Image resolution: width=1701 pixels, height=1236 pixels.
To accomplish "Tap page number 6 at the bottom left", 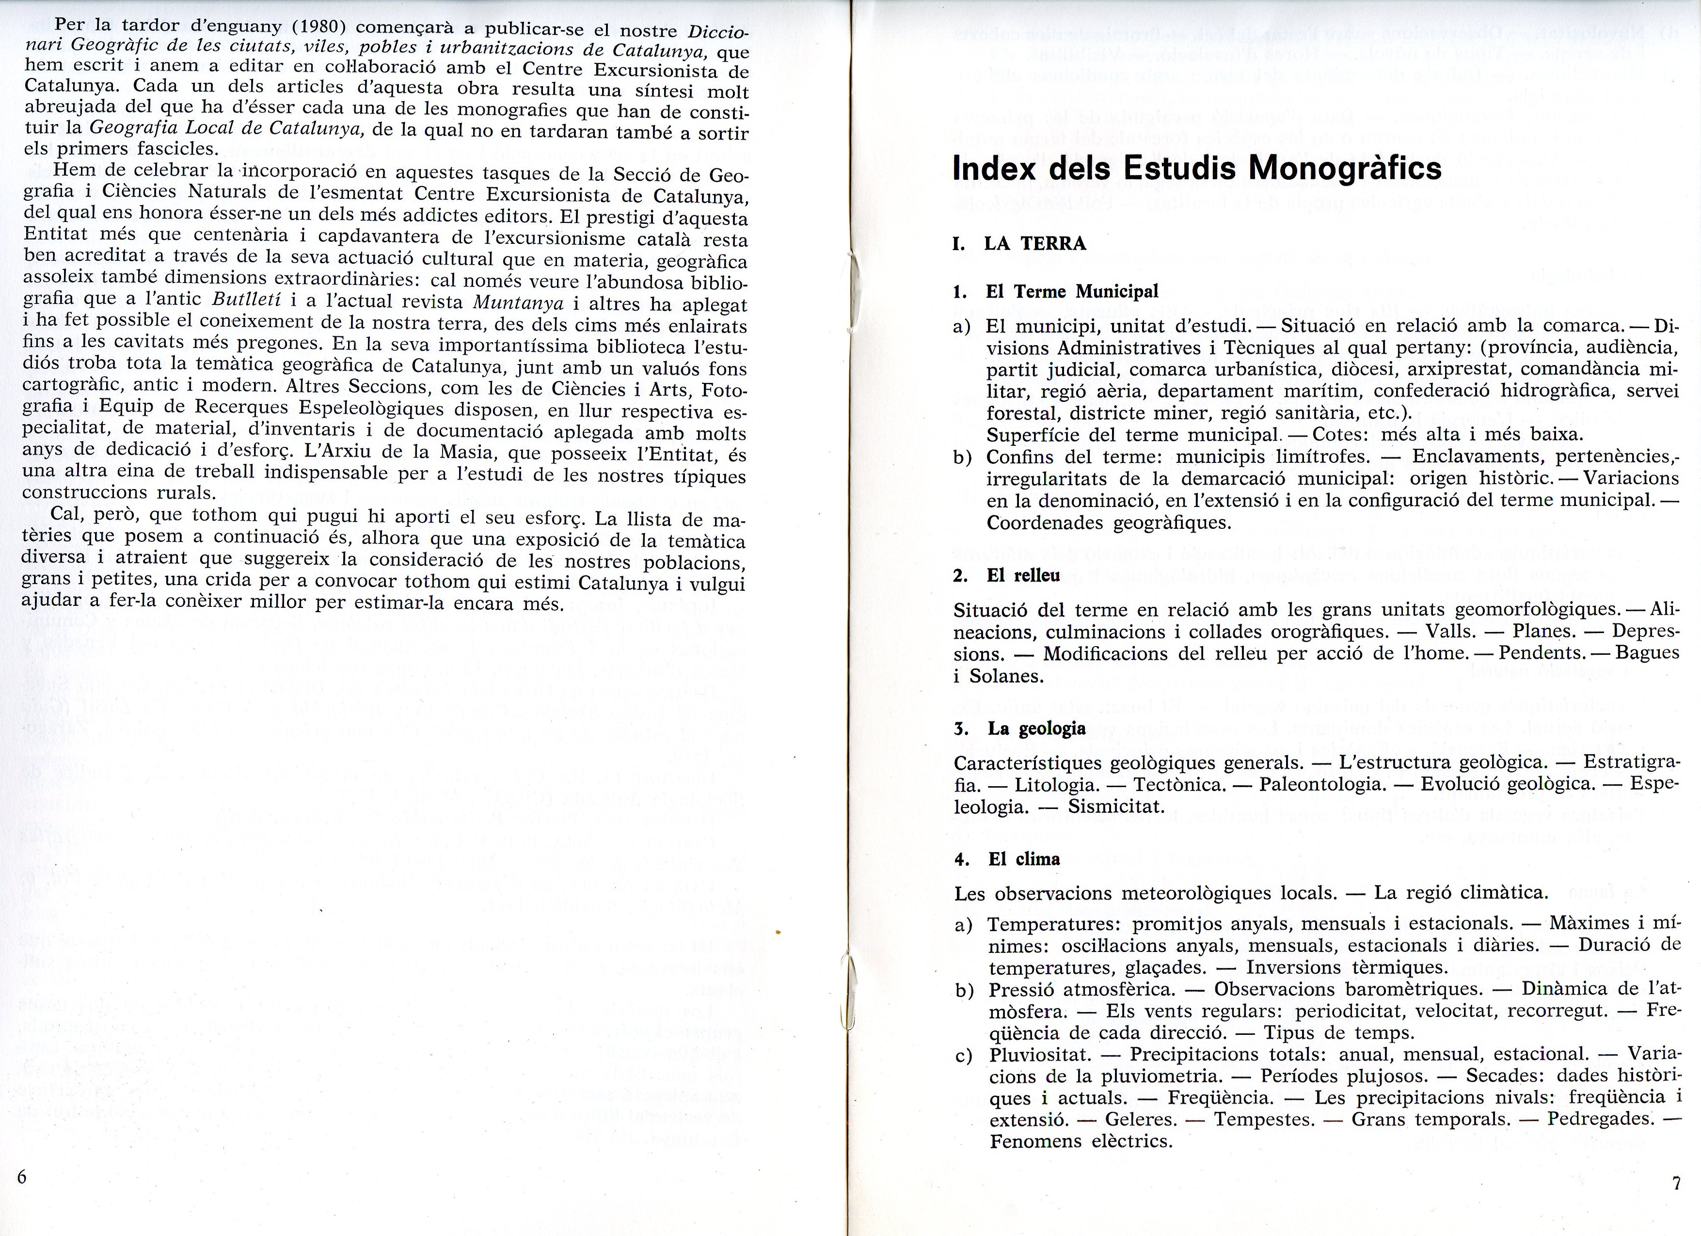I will click(x=22, y=1176).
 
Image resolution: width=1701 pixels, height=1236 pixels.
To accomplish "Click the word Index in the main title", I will click(x=993, y=168).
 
